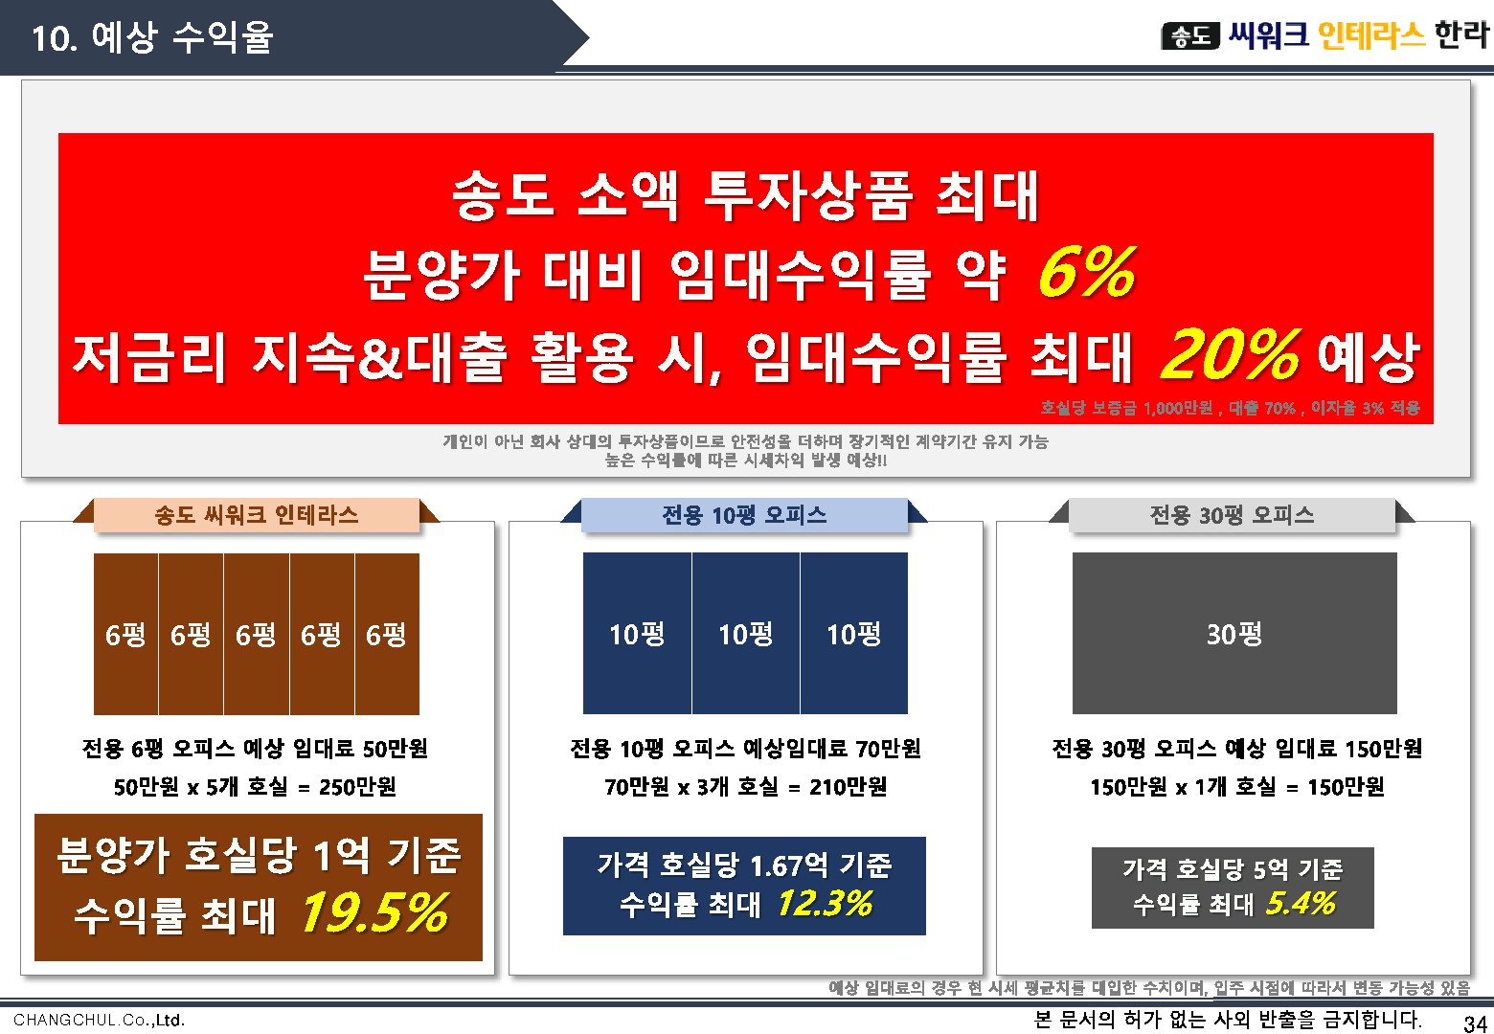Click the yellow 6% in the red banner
tap(1087, 272)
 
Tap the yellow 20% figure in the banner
tap(1231, 354)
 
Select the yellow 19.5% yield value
tap(374, 912)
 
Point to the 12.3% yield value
tap(825, 904)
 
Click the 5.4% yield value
tap(1301, 904)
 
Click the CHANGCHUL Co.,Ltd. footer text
tap(99, 1020)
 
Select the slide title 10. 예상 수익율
tap(152, 36)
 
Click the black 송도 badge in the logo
tap(1190, 36)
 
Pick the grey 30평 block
tap(1234, 634)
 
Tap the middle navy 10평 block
tap(746, 634)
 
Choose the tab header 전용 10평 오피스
tap(744, 515)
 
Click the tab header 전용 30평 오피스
tap(1232, 515)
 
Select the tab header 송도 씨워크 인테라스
tap(256, 515)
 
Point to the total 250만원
tap(357, 787)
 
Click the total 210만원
tap(848, 787)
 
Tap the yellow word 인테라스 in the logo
tap(1372, 35)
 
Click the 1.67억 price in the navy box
tap(789, 866)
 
